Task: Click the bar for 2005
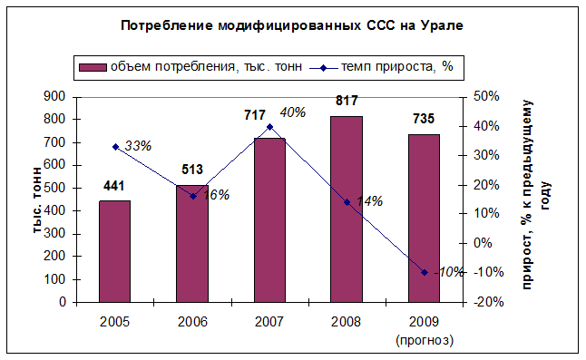point(114,251)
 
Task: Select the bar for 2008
point(347,209)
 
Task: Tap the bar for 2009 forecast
point(424,219)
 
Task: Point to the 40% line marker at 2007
point(269,127)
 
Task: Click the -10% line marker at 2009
point(425,273)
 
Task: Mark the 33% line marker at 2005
point(115,147)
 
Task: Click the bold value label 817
point(347,101)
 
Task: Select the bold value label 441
point(113,186)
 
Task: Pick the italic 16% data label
point(216,195)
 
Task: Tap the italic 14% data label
point(369,201)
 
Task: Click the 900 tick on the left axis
point(54,96)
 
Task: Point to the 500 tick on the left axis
point(54,188)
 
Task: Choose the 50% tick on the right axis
point(486,96)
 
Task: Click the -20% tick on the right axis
point(488,302)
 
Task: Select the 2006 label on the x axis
point(192,322)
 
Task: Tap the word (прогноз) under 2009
point(425,340)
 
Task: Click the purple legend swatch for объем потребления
point(93,68)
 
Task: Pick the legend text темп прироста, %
point(397,67)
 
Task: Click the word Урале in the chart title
point(442,25)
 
